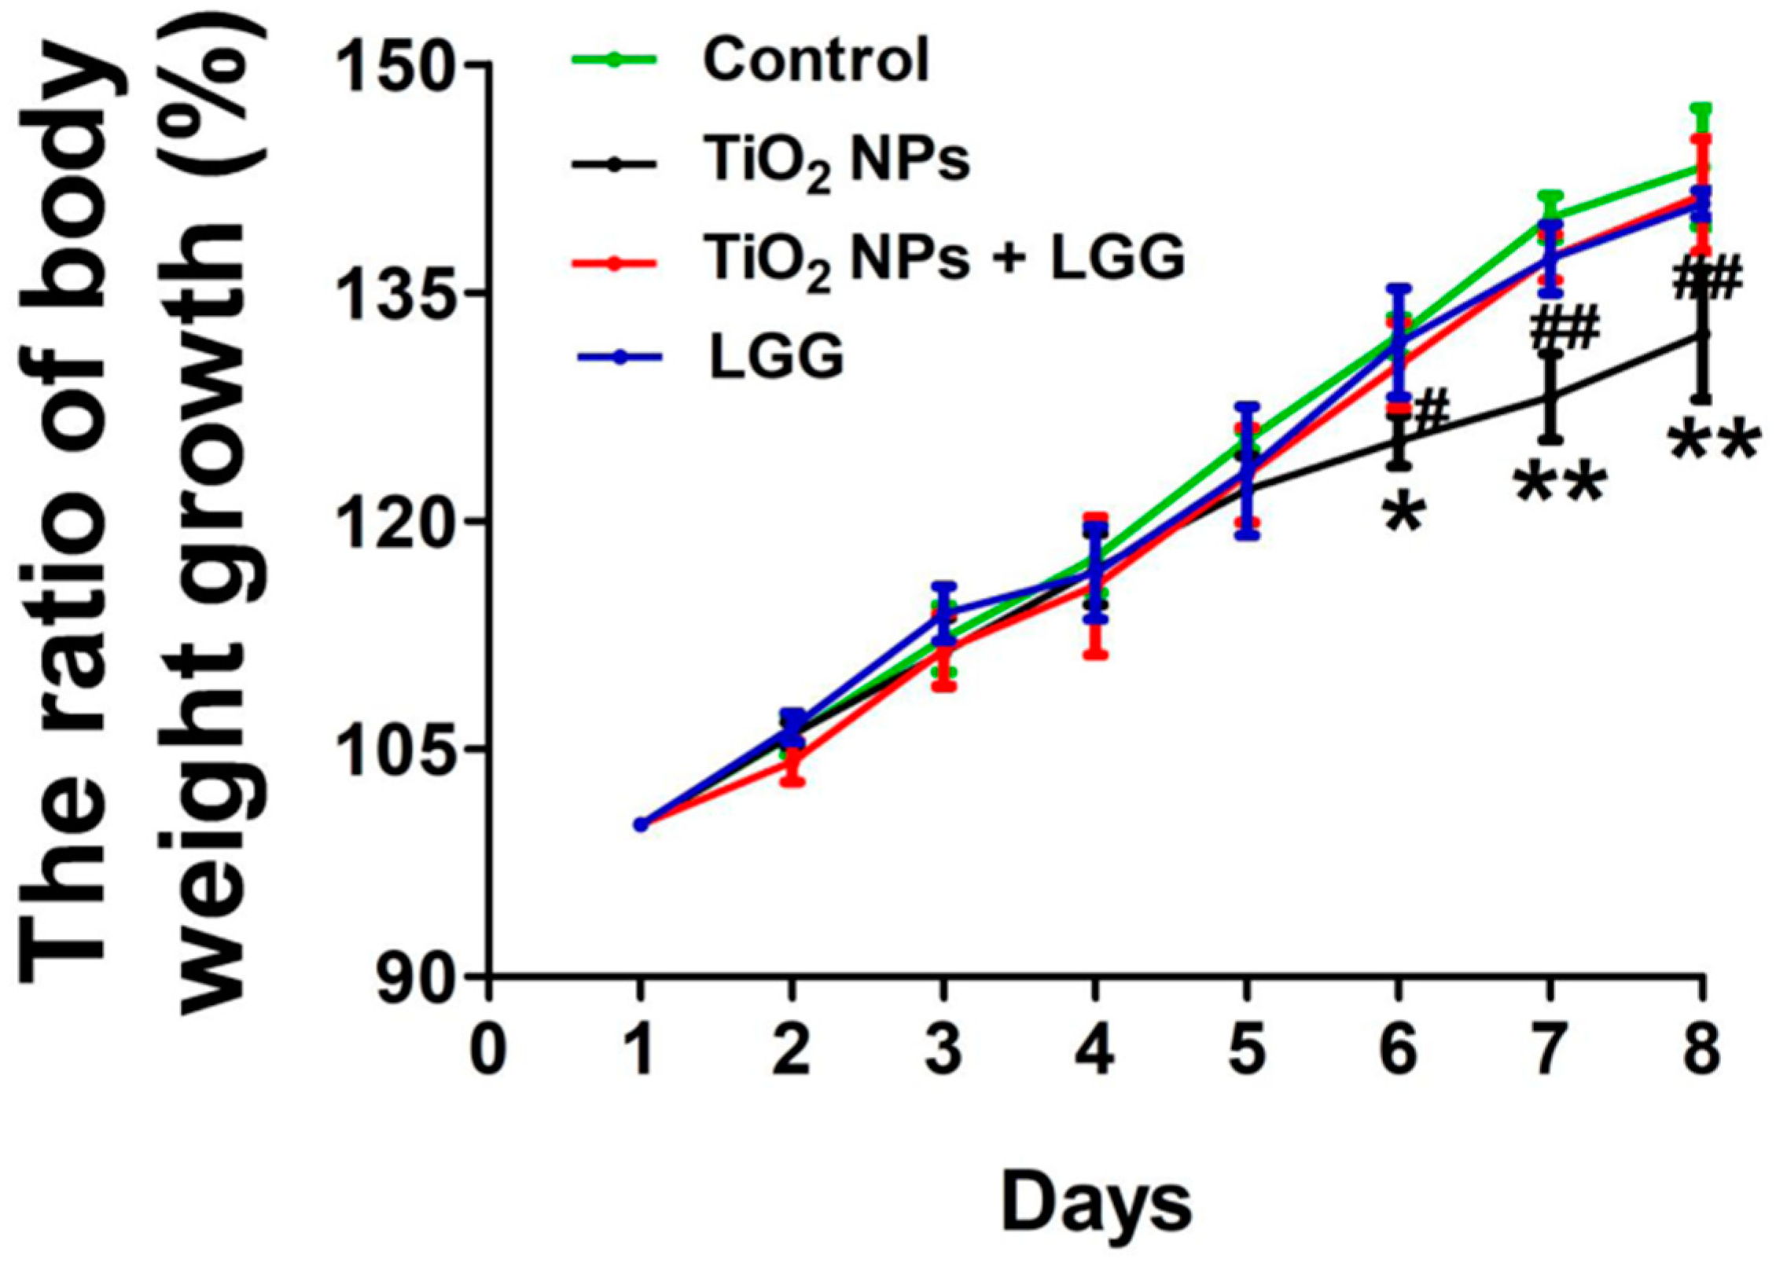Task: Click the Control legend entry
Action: click(815, 61)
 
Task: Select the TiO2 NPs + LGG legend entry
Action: click(946, 259)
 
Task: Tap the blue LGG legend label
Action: click(776, 358)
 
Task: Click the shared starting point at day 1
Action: click(641, 824)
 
